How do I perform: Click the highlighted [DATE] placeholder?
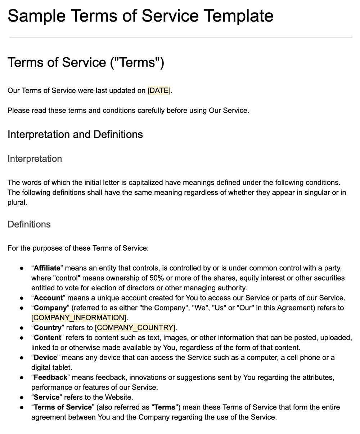(159, 91)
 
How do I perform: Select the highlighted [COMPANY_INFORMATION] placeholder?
(79, 318)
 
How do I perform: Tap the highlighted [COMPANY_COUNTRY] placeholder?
(135, 328)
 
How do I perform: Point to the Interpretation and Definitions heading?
(75, 135)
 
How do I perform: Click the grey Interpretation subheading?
(35, 159)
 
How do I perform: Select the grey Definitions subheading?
(29, 224)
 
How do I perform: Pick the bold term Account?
(48, 298)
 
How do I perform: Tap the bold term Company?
(50, 308)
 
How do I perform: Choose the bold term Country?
(48, 328)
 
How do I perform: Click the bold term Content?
(48, 338)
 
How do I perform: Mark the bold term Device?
(45, 358)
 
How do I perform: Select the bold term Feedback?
(50, 377)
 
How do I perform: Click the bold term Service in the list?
(46, 397)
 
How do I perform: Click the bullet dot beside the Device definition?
(22, 358)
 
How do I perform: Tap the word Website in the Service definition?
(120, 397)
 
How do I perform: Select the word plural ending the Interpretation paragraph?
(17, 202)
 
